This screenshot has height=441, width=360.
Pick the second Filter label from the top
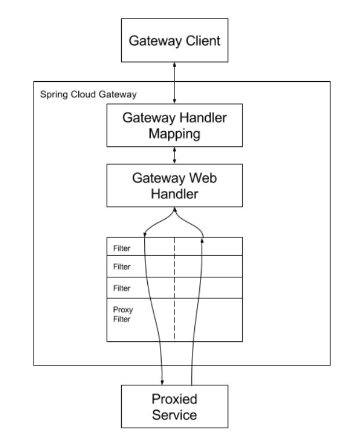[x=122, y=268]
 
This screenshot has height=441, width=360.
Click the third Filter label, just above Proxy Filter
[x=122, y=288]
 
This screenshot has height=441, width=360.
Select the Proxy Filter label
[x=122, y=314]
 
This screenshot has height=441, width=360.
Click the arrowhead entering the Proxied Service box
[x=162, y=381]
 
